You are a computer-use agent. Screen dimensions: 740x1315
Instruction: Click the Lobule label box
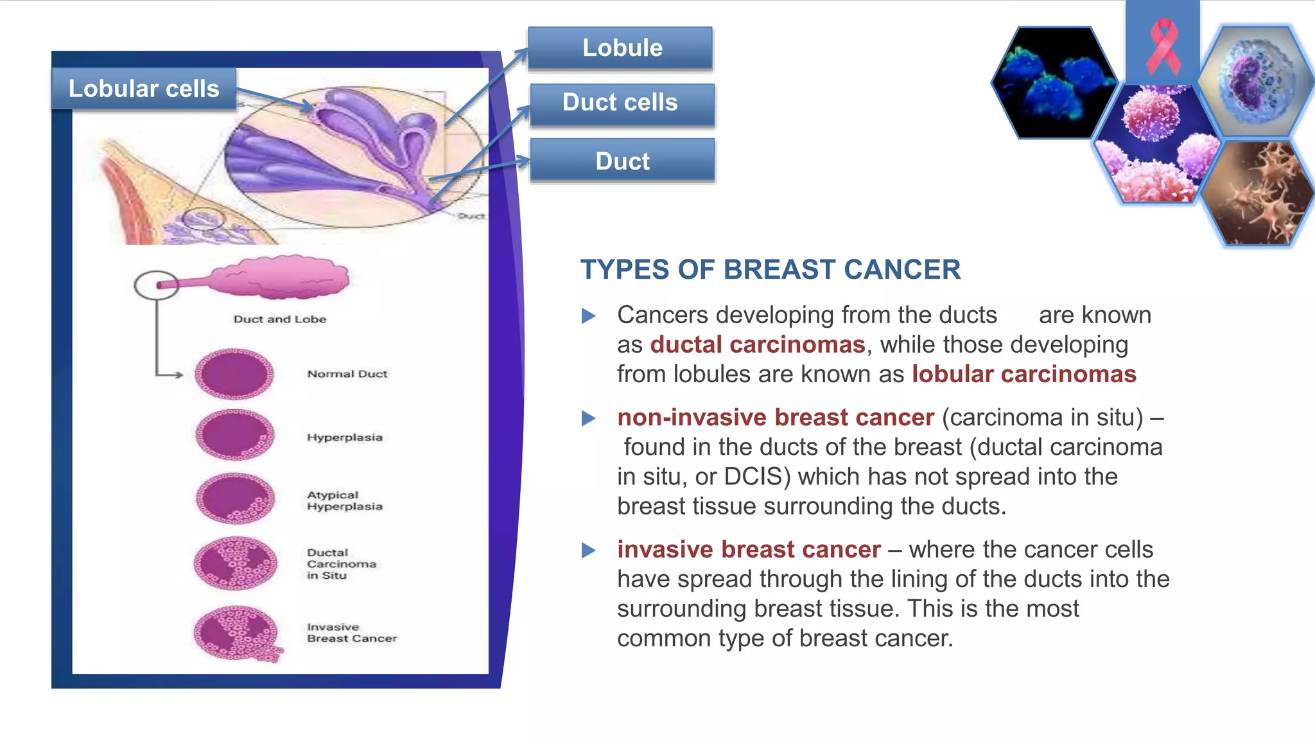coord(620,48)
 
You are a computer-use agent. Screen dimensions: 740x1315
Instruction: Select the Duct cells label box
coord(622,103)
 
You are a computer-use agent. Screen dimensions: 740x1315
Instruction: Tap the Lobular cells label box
coord(144,89)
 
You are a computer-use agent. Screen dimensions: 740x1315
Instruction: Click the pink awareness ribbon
coord(1163,45)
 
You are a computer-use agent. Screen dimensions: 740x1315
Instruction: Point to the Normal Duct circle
coord(234,374)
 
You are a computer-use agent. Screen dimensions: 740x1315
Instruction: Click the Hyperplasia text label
coord(345,437)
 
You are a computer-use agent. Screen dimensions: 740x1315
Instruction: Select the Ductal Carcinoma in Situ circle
coord(236,563)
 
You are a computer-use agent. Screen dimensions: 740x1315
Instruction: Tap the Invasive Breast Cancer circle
coord(236,633)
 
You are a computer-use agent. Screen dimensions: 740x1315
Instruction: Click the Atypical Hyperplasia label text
coord(345,500)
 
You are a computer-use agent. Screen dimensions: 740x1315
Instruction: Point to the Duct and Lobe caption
coord(280,319)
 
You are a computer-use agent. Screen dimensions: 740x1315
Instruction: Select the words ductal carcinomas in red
coord(758,345)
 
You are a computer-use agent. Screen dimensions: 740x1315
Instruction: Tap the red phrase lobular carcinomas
coord(1024,374)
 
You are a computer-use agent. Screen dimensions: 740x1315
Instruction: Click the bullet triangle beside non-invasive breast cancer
coord(588,419)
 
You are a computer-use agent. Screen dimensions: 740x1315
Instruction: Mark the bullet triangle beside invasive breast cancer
coord(588,551)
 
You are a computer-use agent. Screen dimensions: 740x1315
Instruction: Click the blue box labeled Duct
coord(622,161)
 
